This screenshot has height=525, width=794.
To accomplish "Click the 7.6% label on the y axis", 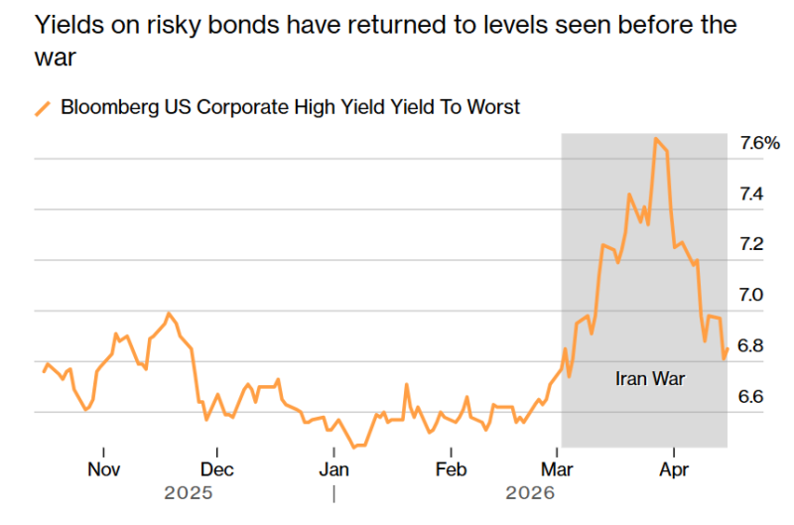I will point(759,143).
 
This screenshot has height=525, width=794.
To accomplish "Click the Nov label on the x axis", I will point(103,469).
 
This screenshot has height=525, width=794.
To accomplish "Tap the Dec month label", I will point(217,469).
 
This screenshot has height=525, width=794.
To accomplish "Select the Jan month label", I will point(333,469).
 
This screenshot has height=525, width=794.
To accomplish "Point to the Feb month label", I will point(451,469).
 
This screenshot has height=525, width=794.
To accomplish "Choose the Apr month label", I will point(674,469).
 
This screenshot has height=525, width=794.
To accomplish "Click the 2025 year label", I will point(189,491).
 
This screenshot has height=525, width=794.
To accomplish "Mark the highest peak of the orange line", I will point(656,139).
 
